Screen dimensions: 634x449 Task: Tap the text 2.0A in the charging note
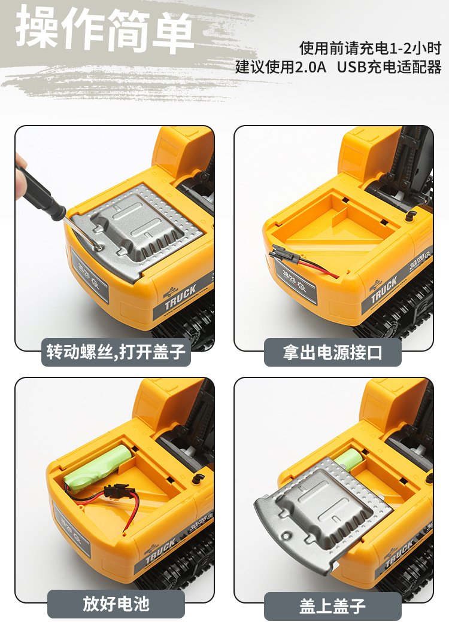pyautogui.click(x=309, y=66)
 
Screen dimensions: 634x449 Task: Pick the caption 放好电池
pyautogui.click(x=116, y=604)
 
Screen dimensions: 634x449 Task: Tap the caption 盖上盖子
pyautogui.click(x=332, y=605)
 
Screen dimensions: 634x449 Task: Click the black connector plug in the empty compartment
pyautogui.click(x=282, y=255)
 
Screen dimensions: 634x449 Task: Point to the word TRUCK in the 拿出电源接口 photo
pyautogui.click(x=384, y=289)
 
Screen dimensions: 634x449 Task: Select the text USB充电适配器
pyautogui.click(x=389, y=66)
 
